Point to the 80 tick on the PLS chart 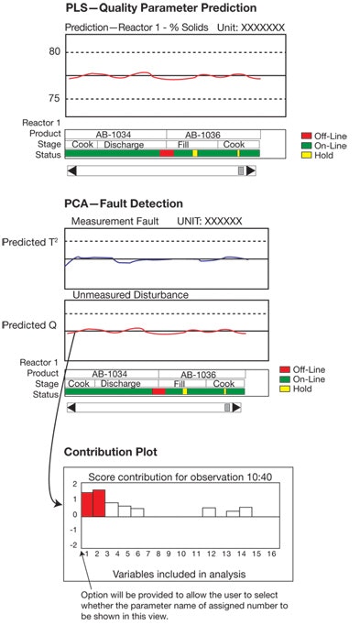pos(54,52)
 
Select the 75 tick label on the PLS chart pos(54,98)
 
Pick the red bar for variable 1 pos(86,503)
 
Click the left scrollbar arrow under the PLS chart pos(71,170)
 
